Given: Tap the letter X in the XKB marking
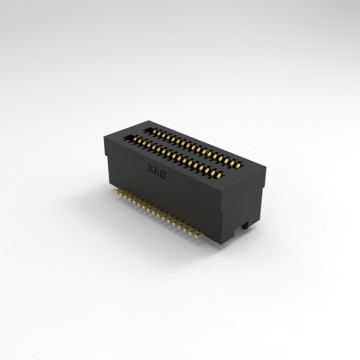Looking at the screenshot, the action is tap(151, 168).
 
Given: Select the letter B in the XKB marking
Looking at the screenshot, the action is tap(163, 174).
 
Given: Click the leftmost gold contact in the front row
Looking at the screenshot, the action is tap(135, 139).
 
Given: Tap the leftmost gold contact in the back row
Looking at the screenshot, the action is tap(155, 132).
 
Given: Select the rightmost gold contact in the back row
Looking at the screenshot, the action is tap(239, 166).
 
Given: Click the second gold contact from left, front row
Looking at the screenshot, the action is tap(139, 141).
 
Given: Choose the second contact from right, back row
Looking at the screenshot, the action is tap(233, 163).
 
